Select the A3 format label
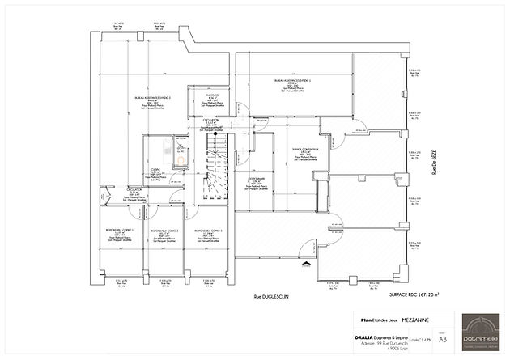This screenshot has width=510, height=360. pyautogui.click(x=441, y=341)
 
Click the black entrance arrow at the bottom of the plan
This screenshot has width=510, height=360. pyautogui.click(x=305, y=262)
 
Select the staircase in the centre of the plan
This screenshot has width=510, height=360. pyautogui.click(x=218, y=166)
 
